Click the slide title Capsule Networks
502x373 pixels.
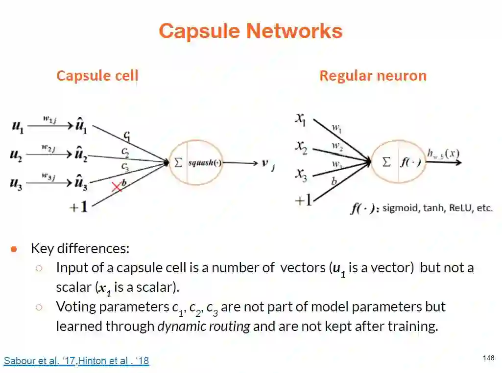click(x=250, y=31)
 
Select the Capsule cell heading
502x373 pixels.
click(x=97, y=76)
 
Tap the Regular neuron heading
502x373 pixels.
click(x=373, y=76)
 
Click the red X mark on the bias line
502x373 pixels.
click(x=117, y=187)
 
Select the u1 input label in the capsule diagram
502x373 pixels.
click(x=17, y=127)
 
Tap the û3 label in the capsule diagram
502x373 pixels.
click(x=81, y=184)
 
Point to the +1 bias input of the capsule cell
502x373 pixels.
click(x=78, y=207)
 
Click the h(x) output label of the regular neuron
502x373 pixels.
click(x=443, y=154)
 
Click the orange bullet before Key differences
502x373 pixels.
click(x=14, y=249)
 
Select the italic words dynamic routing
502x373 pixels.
click(x=204, y=326)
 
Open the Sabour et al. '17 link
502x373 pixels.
click(x=39, y=361)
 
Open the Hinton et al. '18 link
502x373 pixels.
click(x=114, y=361)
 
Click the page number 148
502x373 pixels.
click(x=488, y=358)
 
